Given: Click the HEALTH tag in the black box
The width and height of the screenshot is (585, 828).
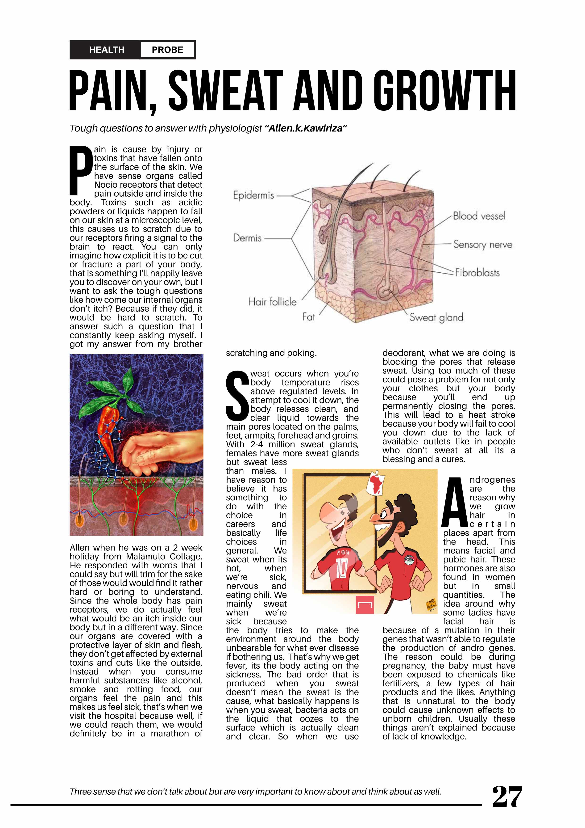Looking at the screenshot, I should pos(107,50).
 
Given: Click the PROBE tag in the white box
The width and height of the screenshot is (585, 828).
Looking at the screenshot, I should pos(167,50).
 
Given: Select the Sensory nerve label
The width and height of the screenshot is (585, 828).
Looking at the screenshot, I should pos(483,245).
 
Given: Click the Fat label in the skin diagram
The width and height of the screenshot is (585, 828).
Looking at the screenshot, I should pos(309,317).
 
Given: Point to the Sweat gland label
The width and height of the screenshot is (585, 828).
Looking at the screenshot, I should pos(436,318).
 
